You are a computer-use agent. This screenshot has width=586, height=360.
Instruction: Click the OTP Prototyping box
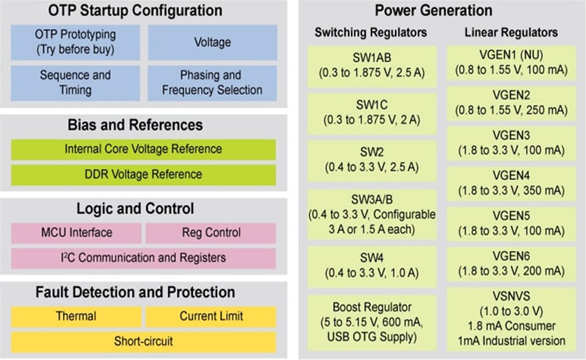point(75,42)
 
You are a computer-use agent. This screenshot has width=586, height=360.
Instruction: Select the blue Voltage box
point(212,42)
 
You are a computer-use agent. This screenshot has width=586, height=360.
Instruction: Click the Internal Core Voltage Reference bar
point(143,149)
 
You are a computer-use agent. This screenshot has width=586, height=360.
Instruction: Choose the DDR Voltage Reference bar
point(143,174)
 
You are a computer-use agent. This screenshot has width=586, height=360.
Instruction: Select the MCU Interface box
point(76,233)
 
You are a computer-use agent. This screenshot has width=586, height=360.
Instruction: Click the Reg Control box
point(211,233)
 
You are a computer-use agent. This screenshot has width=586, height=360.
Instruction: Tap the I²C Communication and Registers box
point(143,259)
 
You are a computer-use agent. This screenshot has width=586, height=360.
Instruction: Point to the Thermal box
point(76,317)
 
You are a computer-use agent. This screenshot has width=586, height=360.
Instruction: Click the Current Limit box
point(211,317)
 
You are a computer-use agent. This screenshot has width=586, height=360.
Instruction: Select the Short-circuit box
point(143,341)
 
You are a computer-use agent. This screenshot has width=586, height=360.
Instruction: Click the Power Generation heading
point(434,11)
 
